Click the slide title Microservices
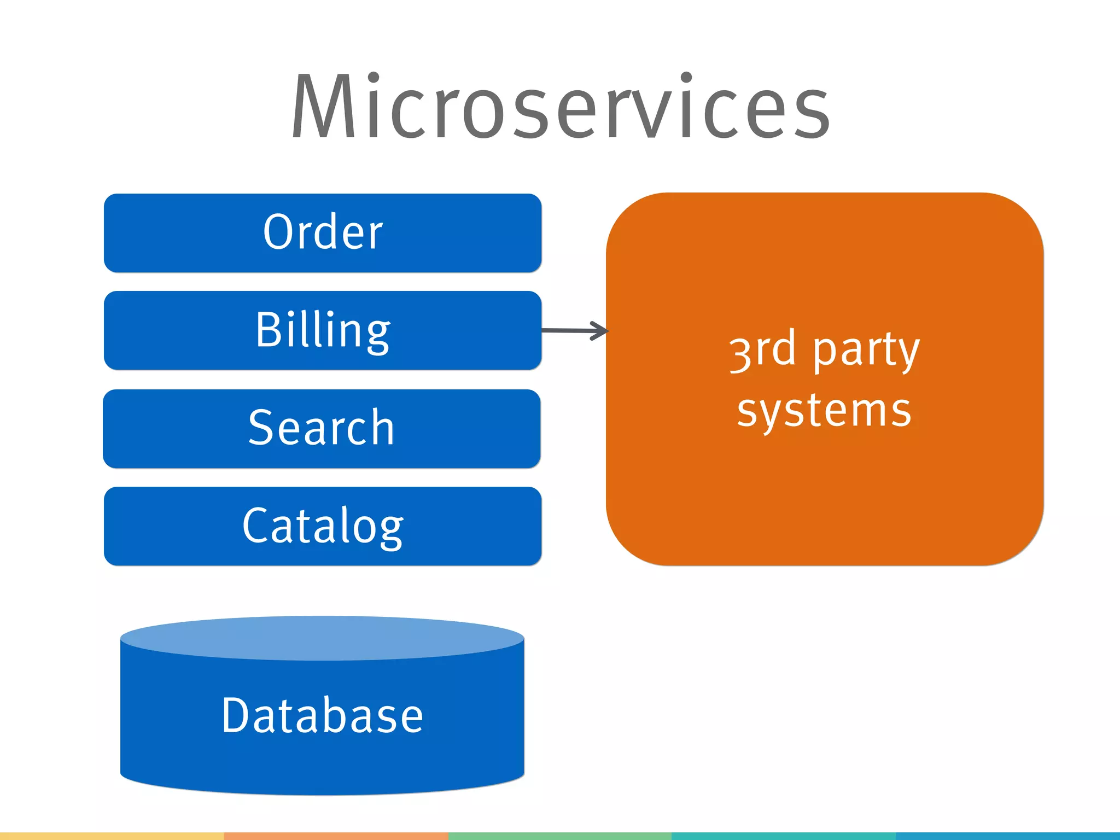point(560,107)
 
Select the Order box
point(323,232)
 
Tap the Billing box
point(323,330)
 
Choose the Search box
point(322,428)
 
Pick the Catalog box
point(323,526)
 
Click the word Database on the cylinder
point(323,715)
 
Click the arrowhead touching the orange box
point(602,331)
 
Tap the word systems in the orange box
point(824,411)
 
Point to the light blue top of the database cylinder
point(323,638)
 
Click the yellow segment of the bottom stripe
point(112,836)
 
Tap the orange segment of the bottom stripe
point(336,836)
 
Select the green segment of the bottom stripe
point(559,836)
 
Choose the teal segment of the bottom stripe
point(783,836)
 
